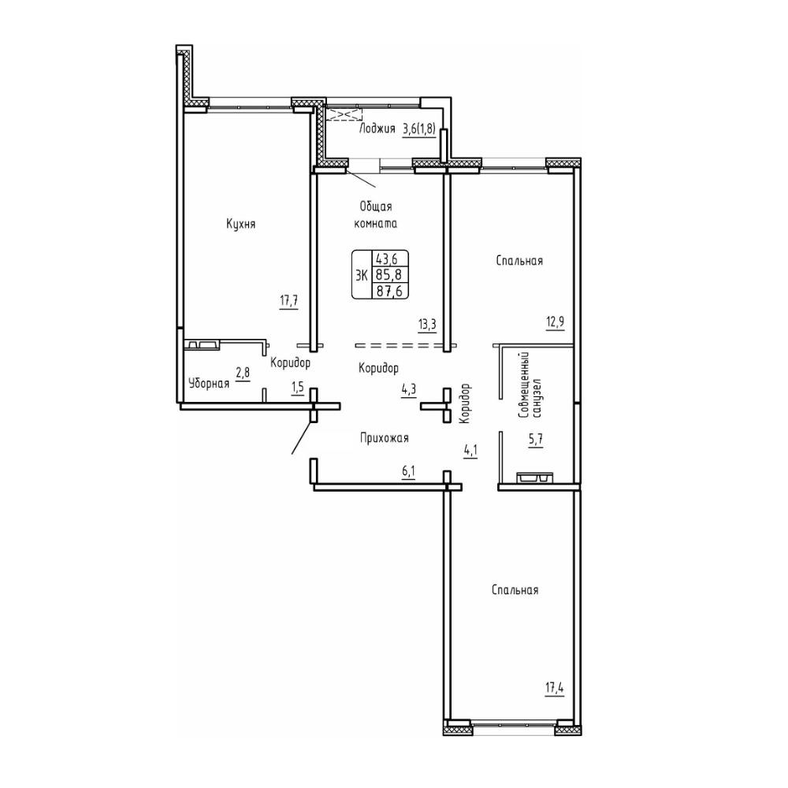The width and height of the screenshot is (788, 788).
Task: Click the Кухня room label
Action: click(x=240, y=224)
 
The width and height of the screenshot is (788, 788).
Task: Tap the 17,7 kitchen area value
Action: click(x=289, y=301)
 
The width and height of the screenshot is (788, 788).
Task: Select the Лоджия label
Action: click(x=377, y=128)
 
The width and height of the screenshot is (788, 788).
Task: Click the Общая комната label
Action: click(x=376, y=215)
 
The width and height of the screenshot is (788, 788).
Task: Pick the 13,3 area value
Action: click(x=427, y=324)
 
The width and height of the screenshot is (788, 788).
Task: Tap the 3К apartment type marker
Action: click(x=362, y=275)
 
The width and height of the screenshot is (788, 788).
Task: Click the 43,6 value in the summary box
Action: click(x=388, y=258)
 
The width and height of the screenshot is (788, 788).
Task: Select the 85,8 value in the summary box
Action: click(x=389, y=275)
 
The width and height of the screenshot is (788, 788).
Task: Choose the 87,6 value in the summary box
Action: click(x=389, y=291)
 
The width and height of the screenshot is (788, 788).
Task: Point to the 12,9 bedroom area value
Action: click(x=555, y=322)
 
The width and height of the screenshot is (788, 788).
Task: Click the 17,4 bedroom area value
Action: click(x=554, y=687)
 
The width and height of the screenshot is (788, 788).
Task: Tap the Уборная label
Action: click(x=209, y=384)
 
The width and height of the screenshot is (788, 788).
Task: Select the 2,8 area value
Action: click(x=243, y=374)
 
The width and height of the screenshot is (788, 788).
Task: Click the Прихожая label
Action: click(x=384, y=438)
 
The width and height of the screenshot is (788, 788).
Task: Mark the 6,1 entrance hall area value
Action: click(x=408, y=471)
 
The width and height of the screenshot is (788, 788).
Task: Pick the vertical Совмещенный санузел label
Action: click(x=531, y=385)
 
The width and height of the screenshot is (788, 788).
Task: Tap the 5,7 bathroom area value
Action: click(x=536, y=440)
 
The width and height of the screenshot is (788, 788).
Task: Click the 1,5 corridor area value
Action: click(x=298, y=388)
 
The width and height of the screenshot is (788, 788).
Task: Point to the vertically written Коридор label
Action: click(x=464, y=403)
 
